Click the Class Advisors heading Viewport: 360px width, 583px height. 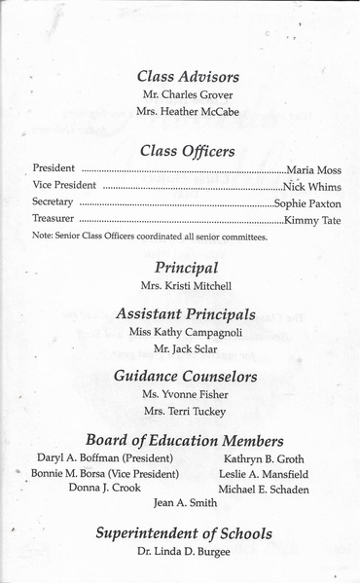pos(188,77)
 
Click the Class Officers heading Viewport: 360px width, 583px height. pos(188,150)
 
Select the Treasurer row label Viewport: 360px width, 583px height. pos(54,220)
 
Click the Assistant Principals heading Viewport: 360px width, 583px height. pos(188,314)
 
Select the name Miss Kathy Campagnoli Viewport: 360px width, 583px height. pos(188,333)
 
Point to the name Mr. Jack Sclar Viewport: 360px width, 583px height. pos(188,349)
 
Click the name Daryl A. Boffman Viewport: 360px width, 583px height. pos(105,458)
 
